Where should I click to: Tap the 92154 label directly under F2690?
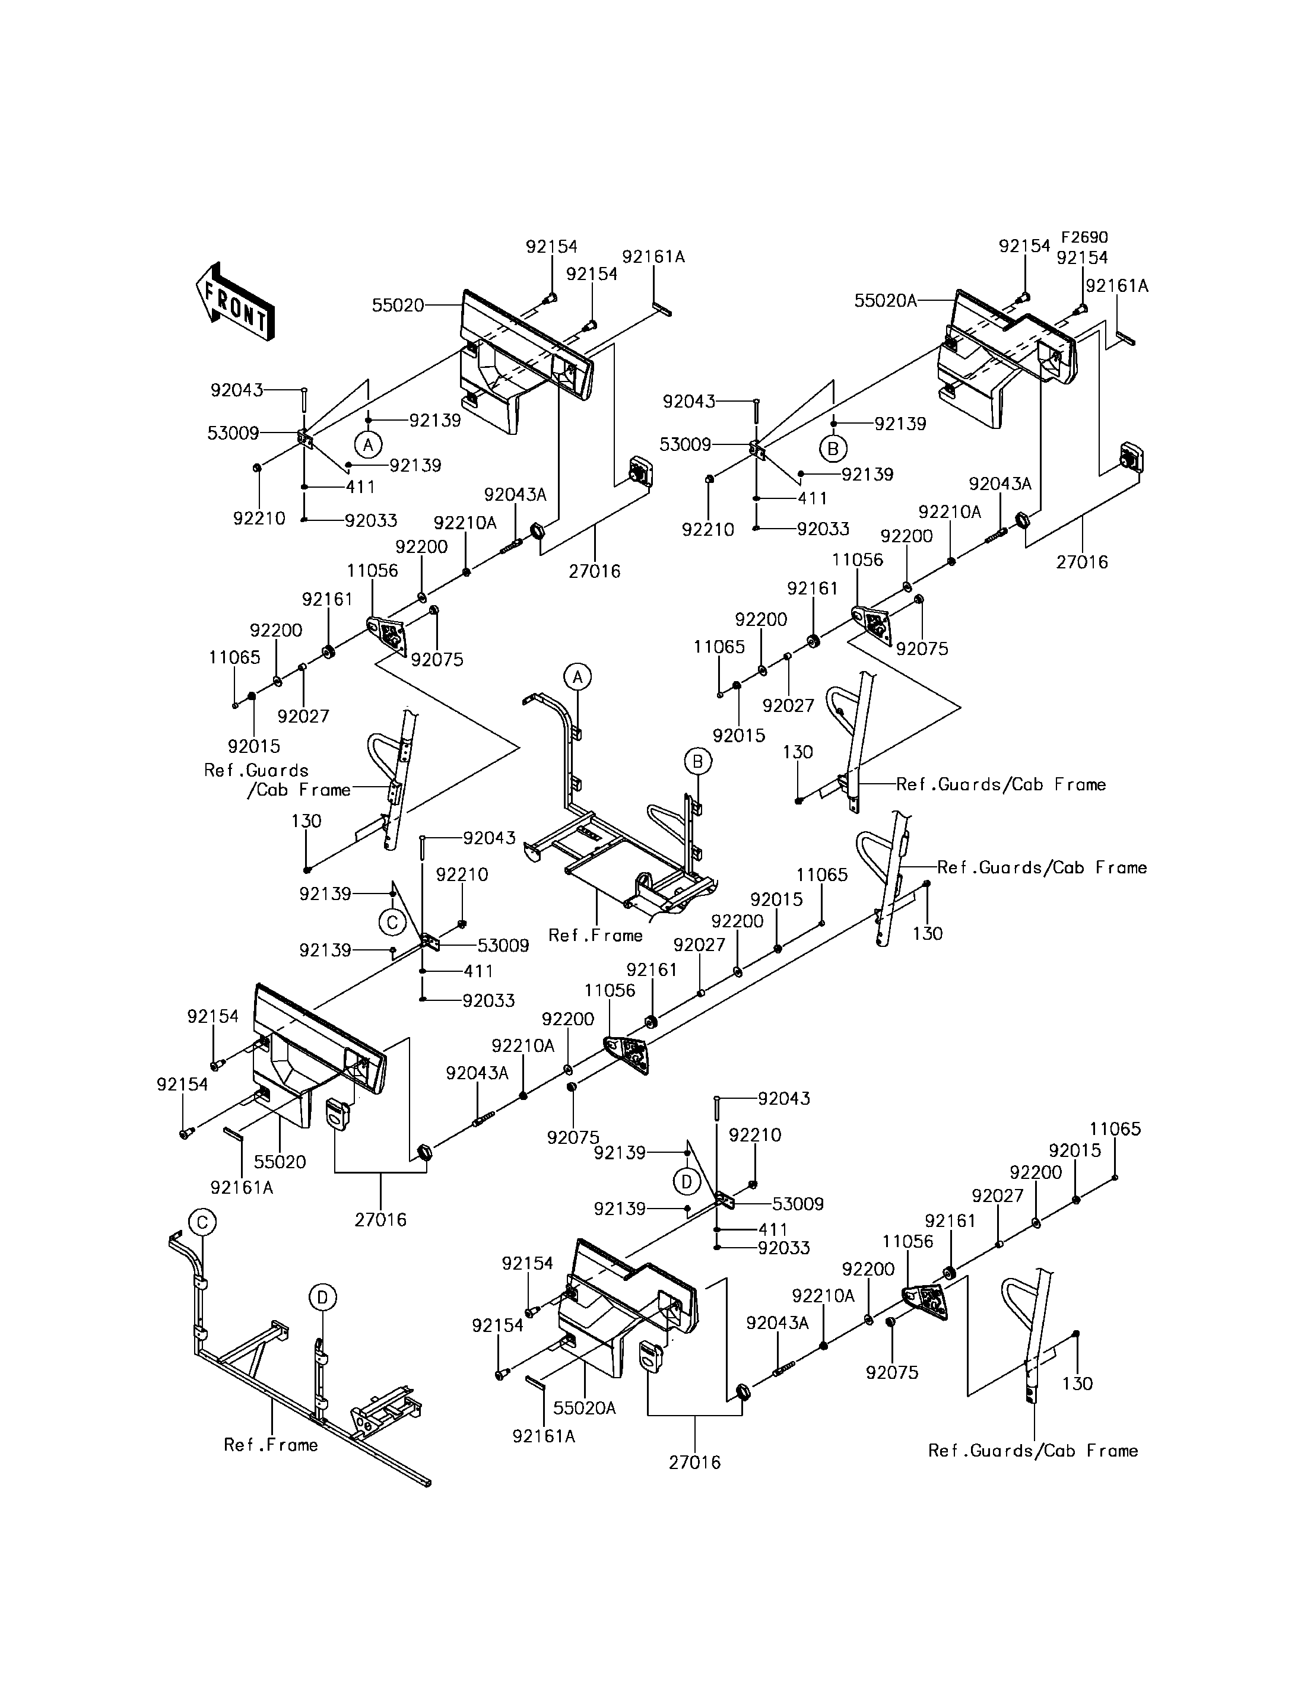tap(1082, 258)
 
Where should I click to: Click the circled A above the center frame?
tap(577, 678)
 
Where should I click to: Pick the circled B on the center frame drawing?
tap(697, 762)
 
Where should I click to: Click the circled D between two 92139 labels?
tap(686, 1181)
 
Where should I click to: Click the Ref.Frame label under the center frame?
tap(595, 935)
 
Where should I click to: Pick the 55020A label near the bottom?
tap(585, 1407)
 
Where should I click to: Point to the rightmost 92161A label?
tap(1116, 287)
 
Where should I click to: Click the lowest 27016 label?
tap(694, 1462)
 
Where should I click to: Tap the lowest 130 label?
tap(1077, 1384)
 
